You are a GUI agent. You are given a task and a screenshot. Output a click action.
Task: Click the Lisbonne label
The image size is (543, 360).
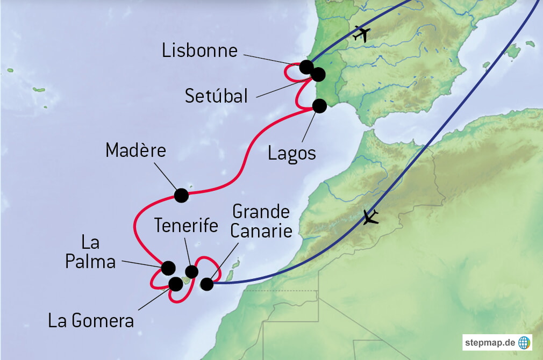tap(199, 51)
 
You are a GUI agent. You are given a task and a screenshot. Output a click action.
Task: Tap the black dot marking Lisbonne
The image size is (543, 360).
tap(306, 67)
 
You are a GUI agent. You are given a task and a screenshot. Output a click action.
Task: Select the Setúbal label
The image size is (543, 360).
tap(216, 96)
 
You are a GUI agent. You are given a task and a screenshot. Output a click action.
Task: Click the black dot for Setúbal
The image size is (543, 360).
tap(318, 74)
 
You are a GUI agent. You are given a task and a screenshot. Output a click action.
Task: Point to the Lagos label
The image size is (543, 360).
tap(291, 153)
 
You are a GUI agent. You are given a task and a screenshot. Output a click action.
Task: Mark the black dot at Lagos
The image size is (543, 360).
tap(319, 106)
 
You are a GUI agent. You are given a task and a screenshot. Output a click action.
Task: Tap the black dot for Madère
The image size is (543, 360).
tap(182, 195)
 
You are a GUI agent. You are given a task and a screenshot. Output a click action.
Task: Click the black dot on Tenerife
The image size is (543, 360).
tap(191, 271)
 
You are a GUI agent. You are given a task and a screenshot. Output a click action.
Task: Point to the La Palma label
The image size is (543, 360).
tap(90, 253)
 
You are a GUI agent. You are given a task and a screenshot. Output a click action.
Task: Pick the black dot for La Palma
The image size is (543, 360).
tap(168, 267)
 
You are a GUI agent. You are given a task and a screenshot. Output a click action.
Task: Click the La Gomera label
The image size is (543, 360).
tap(91, 321)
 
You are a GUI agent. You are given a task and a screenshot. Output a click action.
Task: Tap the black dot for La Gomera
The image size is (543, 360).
tap(175, 283)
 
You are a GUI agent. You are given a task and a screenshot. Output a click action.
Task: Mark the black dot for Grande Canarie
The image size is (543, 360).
tap(207, 284)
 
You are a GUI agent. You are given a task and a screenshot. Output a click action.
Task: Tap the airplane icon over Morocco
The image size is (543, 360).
tap(370, 218)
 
